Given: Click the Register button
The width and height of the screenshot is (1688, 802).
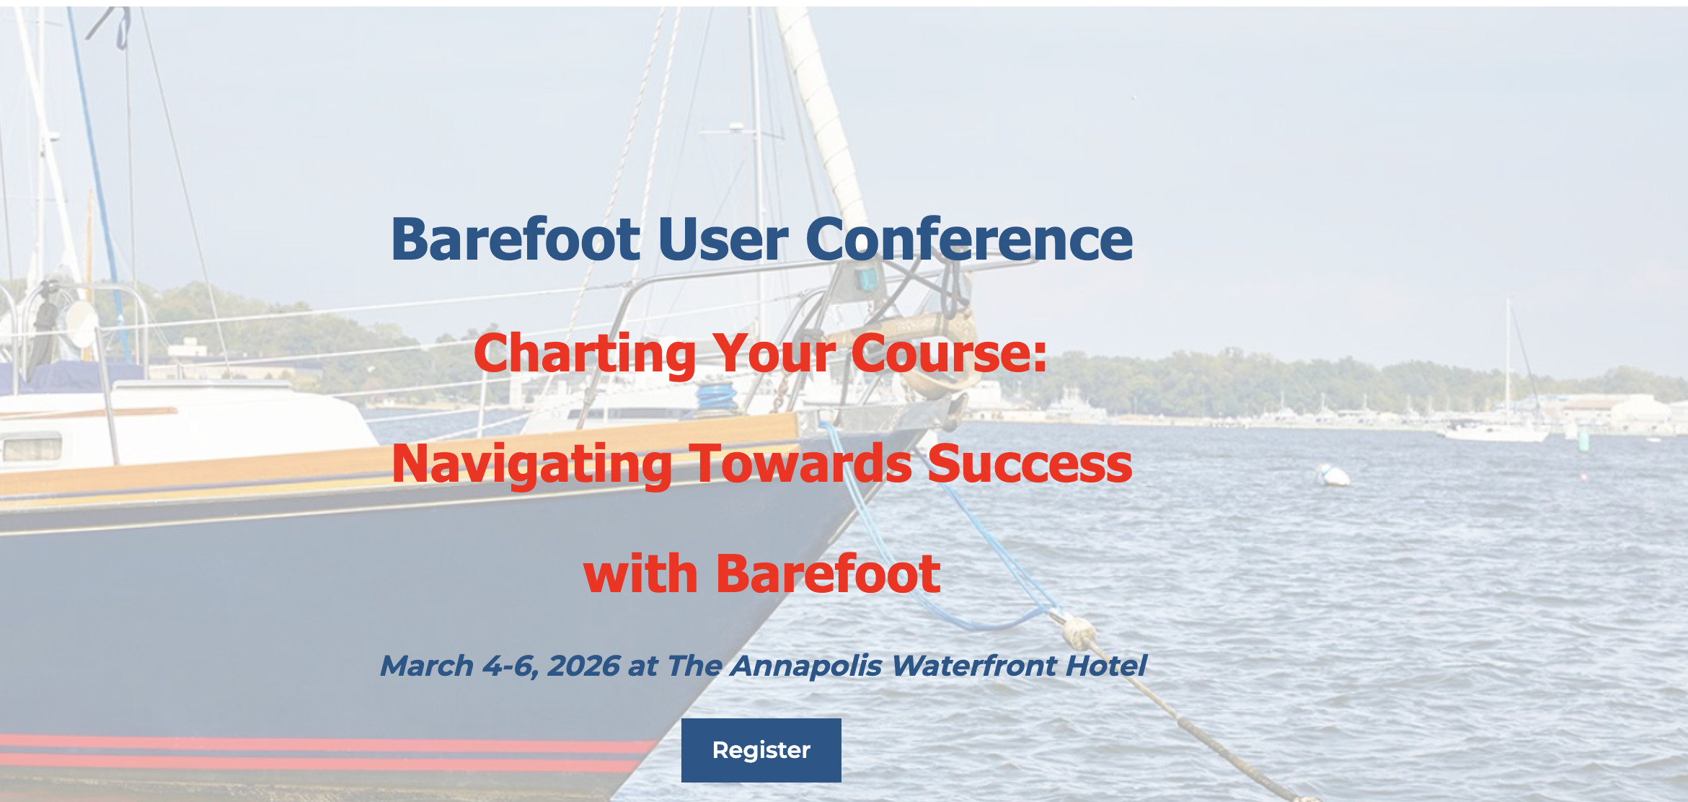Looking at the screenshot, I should pyautogui.click(x=761, y=750).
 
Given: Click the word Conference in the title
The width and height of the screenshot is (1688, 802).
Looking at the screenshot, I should pyautogui.click(x=968, y=239).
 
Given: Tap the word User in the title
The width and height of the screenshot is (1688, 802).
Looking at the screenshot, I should pyautogui.click(x=723, y=239).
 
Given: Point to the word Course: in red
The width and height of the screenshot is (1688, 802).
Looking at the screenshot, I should pyautogui.click(x=948, y=354).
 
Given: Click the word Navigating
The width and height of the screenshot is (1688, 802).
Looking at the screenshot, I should pyautogui.click(x=531, y=464).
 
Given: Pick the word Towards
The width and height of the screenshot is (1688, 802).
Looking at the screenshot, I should pyautogui.click(x=800, y=464).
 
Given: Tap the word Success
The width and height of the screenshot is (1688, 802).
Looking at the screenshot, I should pyautogui.click(x=1030, y=464).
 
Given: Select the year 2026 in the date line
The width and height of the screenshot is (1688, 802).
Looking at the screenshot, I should pyautogui.click(x=583, y=666).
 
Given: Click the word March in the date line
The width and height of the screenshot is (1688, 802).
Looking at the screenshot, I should pyautogui.click(x=426, y=666).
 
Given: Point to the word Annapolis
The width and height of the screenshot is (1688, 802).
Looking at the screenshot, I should pyautogui.click(x=806, y=666).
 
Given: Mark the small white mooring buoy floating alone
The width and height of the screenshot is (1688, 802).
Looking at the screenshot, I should pyautogui.click(x=1332, y=475).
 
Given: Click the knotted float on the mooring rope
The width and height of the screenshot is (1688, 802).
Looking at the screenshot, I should pyautogui.click(x=1079, y=633).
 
